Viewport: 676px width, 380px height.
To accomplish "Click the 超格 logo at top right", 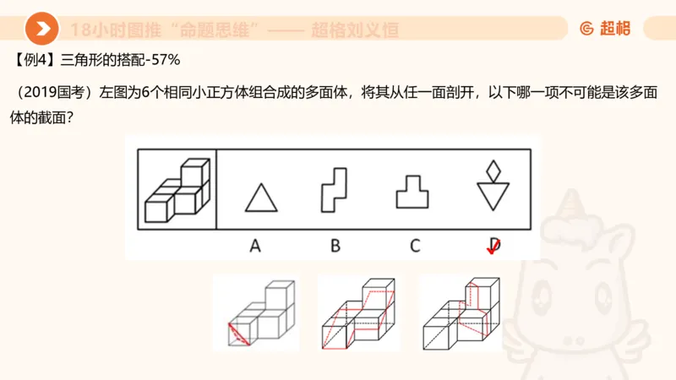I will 605,29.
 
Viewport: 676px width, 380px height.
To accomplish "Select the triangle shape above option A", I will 261,198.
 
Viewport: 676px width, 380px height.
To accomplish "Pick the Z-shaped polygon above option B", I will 333,189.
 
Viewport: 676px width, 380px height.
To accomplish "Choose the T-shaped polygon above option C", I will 412,192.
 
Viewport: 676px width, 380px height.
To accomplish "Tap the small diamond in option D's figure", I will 493,171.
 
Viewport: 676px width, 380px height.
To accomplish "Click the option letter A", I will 255,246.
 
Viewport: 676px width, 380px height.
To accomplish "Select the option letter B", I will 335,246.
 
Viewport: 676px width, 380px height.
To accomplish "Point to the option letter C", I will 415,246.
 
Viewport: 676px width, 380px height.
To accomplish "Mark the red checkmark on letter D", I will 493,247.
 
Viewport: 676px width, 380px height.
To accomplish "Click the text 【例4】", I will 35,61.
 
